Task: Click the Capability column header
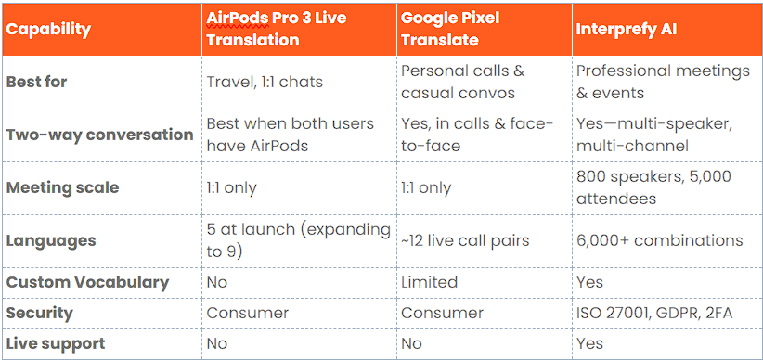coord(48,29)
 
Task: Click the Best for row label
coord(37,82)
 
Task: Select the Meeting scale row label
coord(62,187)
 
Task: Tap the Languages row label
coord(51,240)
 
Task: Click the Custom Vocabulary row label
coord(87,282)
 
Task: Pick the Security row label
coord(39,313)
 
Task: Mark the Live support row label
coord(56,343)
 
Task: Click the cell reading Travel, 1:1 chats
coord(264,82)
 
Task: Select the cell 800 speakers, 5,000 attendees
coord(653,186)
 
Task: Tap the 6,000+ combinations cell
coord(659,240)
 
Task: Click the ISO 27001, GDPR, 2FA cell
coord(653,313)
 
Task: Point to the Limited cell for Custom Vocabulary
coord(429,282)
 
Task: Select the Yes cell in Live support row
coord(589,343)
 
